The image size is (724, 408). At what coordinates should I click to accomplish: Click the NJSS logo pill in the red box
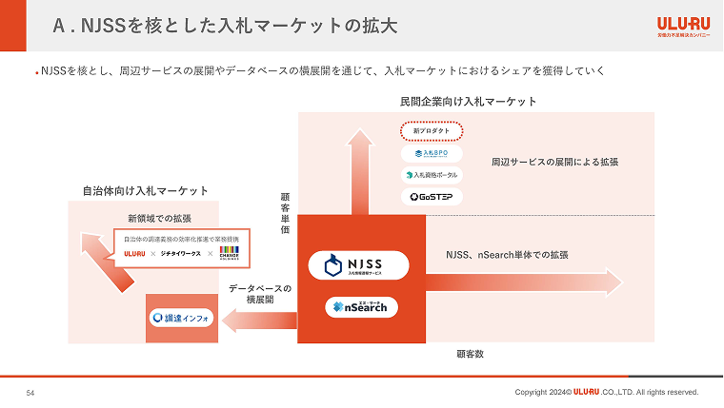point(359,265)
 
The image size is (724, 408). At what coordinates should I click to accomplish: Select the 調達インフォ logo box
point(182,317)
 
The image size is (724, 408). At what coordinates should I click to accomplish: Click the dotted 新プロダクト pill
point(431,130)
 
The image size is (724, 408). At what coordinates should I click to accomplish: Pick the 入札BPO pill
point(431,152)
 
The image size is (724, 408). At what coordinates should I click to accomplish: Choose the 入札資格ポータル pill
point(431,175)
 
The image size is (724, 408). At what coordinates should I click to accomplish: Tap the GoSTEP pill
point(431,197)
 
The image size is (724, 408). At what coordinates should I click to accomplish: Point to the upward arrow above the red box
point(360,171)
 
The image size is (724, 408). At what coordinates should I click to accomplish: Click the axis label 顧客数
point(471,354)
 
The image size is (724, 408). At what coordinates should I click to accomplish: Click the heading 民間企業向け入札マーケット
point(469,101)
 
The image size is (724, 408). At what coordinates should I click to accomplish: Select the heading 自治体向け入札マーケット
point(146,191)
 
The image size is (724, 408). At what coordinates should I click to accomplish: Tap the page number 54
point(30,392)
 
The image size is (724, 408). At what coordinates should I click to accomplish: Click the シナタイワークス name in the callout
point(179,254)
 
